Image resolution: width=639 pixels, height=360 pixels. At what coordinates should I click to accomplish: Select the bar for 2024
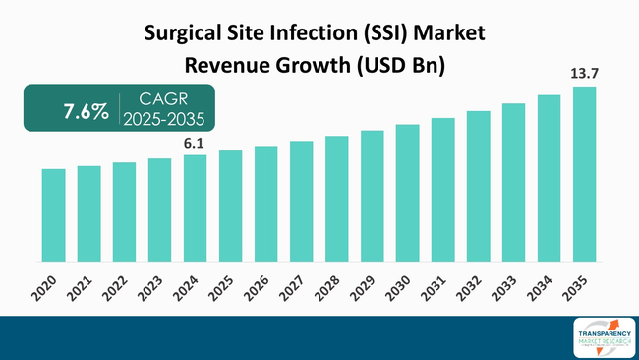[x=195, y=208]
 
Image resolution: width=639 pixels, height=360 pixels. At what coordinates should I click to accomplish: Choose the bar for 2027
[x=301, y=201]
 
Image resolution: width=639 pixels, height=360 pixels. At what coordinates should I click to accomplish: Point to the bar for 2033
[x=513, y=182]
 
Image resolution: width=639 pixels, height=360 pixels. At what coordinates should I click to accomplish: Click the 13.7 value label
[x=584, y=73]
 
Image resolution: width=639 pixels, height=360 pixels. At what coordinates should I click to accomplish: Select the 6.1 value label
[x=195, y=144]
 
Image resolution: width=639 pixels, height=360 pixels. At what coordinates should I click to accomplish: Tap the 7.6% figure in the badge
[x=86, y=112]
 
